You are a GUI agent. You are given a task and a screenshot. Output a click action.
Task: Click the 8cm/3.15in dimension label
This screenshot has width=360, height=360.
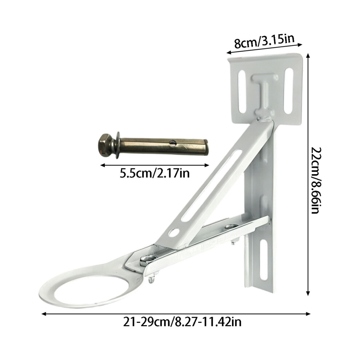tap(264, 41)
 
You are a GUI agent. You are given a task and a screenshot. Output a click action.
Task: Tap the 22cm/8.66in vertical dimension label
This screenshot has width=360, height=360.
tap(316, 180)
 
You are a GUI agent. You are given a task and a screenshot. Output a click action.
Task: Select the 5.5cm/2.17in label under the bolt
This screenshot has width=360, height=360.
tap(155, 173)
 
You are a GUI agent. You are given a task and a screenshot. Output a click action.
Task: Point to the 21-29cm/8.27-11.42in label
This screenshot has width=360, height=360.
tap(182, 322)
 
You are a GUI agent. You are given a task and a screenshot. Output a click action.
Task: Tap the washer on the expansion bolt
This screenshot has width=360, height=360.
tap(117, 145)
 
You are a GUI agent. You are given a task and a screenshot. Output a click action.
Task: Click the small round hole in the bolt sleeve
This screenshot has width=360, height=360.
tap(172, 143)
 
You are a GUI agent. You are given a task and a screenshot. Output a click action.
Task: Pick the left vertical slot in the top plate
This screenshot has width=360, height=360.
tap(242, 92)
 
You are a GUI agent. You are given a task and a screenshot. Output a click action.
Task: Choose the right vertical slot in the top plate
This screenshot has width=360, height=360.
tap(289, 91)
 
